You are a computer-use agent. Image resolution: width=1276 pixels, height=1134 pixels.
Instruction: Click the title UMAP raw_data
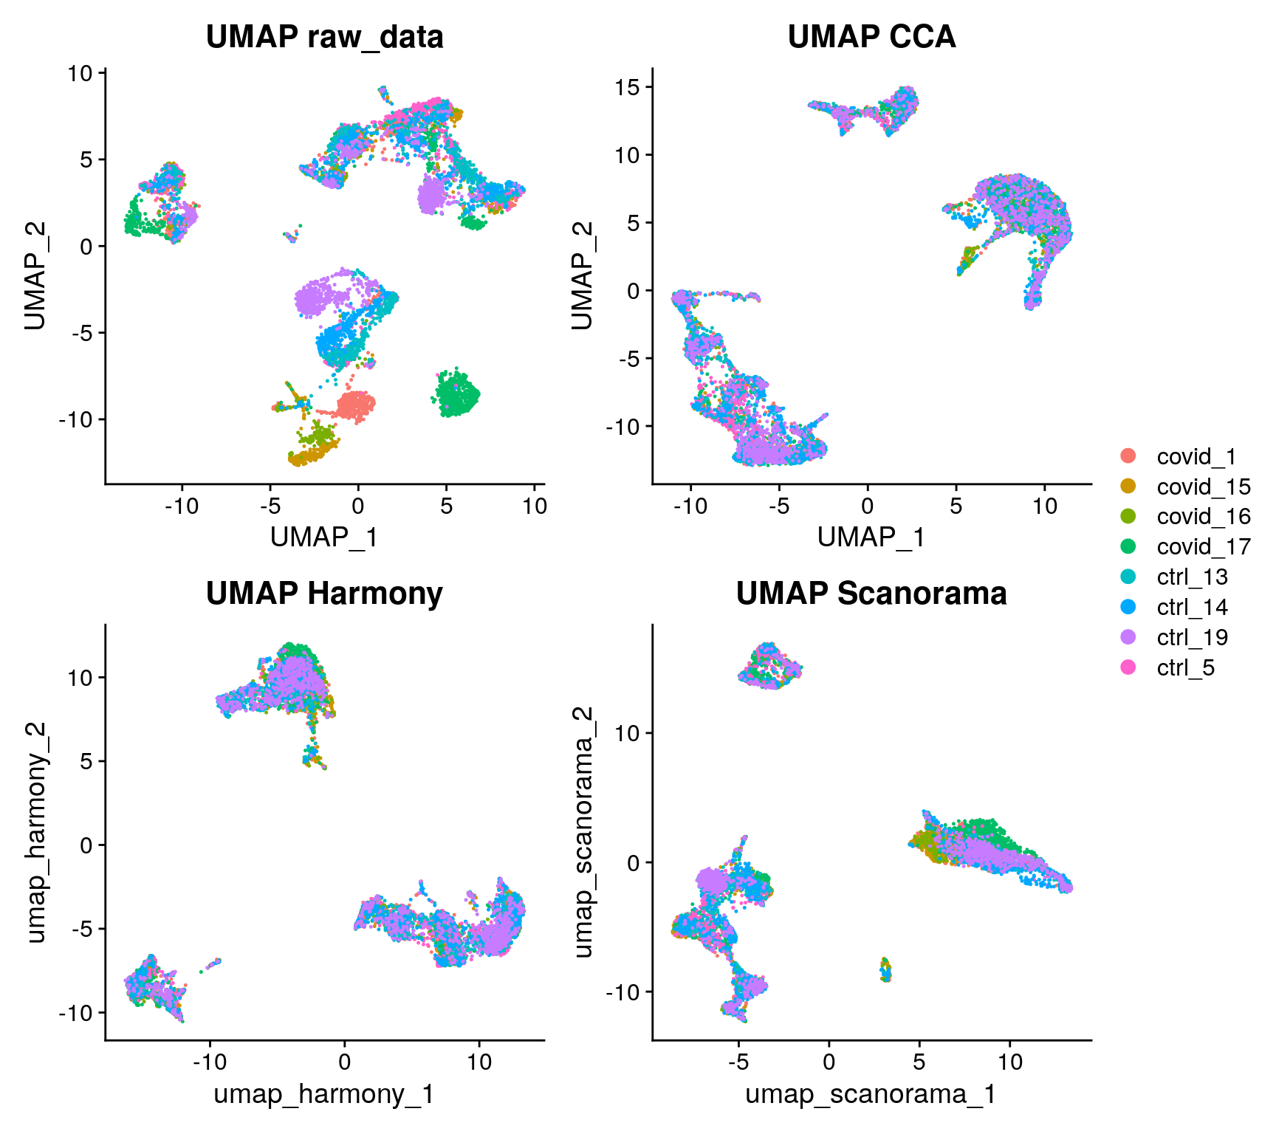pos(324,37)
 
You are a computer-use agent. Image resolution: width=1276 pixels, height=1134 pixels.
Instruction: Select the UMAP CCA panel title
pos(871,37)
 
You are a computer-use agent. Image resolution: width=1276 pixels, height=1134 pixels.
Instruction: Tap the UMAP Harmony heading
pos(324,594)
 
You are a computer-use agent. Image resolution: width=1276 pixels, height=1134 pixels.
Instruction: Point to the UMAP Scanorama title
pos(871,594)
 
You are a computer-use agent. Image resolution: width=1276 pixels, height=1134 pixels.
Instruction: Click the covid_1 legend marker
pos(1128,456)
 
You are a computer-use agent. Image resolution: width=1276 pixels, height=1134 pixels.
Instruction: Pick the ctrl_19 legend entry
pos(1192,638)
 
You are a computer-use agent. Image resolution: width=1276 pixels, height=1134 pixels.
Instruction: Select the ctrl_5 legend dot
pos(1128,668)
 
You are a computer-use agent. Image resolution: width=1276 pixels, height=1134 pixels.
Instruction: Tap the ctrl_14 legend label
pos(1192,608)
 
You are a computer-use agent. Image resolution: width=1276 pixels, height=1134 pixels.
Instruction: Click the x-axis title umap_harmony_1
pos(324,1094)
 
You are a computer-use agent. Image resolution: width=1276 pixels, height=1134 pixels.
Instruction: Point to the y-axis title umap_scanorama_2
pos(583,833)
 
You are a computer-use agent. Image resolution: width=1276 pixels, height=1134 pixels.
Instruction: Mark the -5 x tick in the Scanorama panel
pos(738,1062)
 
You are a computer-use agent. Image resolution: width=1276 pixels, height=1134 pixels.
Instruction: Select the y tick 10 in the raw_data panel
pos(80,73)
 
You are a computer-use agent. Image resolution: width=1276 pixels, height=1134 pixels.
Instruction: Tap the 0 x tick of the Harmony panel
pos(344,1062)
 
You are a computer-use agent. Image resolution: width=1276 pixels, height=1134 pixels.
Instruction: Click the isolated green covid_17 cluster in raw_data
pos(456,394)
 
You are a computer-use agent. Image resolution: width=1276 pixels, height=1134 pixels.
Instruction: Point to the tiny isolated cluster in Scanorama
pos(885,969)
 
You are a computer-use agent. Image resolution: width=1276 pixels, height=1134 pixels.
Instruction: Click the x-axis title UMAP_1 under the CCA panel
pos(871,537)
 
